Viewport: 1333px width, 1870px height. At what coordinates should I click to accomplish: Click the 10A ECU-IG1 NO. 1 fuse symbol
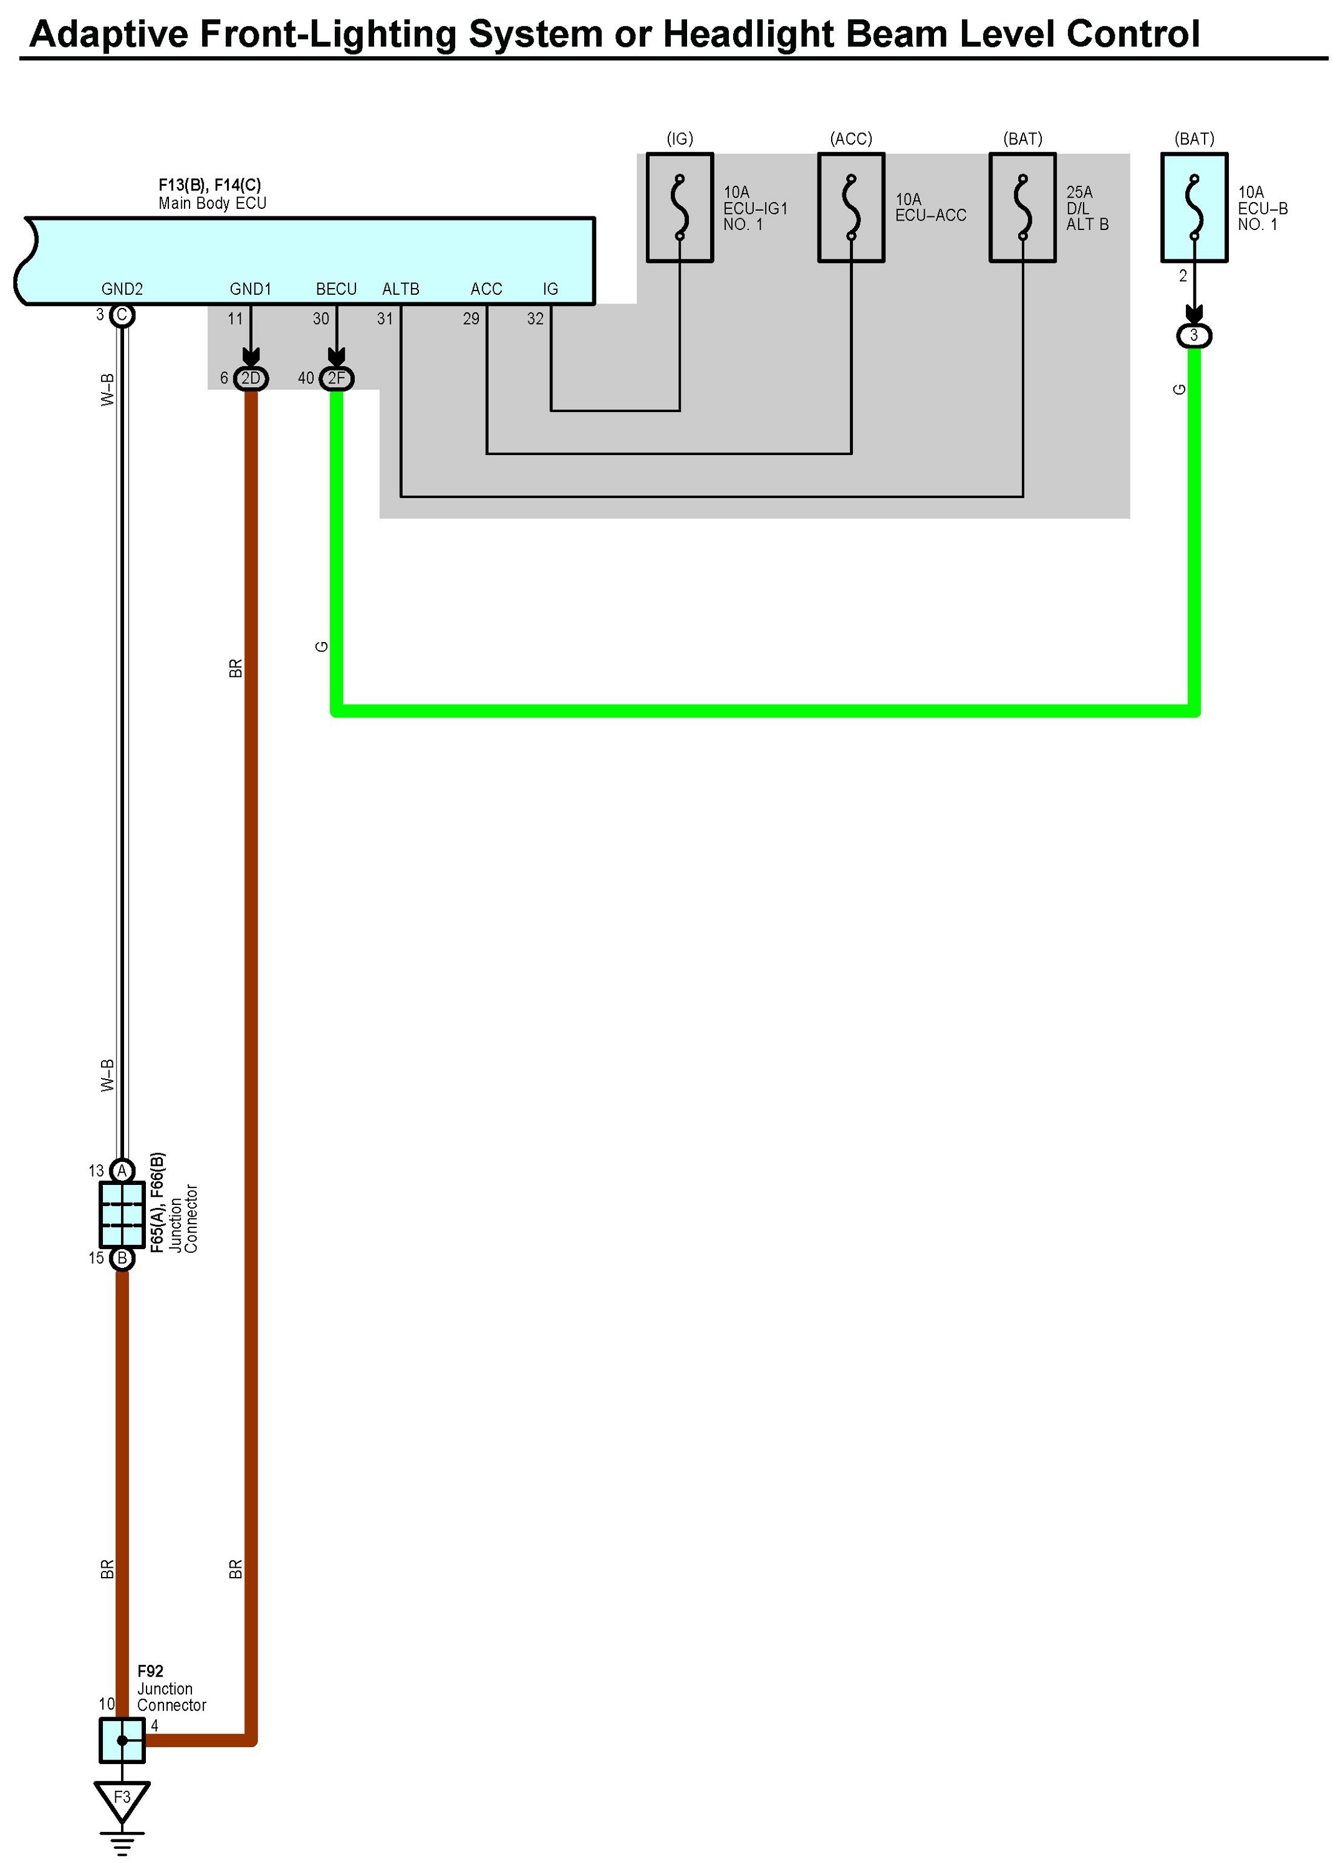pos(679,208)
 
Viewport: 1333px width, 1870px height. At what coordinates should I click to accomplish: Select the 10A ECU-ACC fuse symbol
pos(850,208)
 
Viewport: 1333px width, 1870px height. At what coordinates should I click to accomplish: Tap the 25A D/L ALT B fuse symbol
pos(1022,208)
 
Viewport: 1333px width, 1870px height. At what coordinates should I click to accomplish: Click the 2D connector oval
pos(251,378)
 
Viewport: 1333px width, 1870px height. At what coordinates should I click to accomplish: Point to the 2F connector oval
pos(337,378)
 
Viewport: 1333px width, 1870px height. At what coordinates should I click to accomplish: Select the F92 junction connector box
pos(122,1740)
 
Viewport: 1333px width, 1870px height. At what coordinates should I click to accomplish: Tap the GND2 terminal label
pos(122,289)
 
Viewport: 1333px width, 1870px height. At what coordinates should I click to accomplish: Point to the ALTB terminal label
pos(400,289)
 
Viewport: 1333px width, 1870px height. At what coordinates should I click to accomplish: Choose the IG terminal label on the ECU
pos(550,289)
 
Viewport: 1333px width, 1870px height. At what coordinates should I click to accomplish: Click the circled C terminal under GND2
pos(122,315)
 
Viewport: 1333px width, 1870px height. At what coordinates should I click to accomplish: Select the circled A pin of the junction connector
pos(122,1170)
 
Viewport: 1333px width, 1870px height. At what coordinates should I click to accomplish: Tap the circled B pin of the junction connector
pos(122,1258)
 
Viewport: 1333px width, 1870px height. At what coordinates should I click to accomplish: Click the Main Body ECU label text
pos(212,203)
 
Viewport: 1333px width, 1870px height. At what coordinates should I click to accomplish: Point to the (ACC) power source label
pos(850,138)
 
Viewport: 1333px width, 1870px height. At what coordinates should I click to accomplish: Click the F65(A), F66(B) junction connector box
pos(122,1214)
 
